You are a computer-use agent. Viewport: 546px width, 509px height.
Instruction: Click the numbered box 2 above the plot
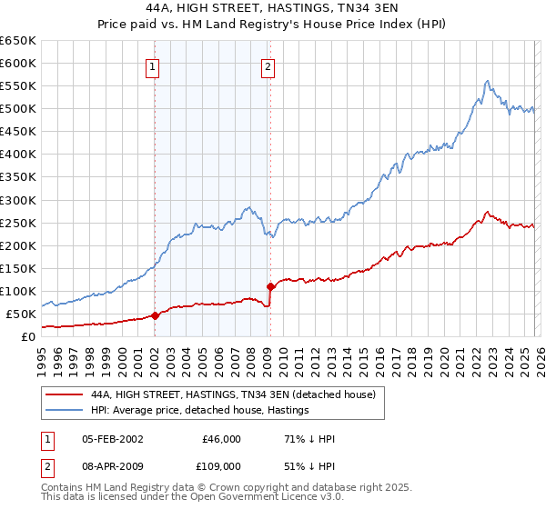point(268,65)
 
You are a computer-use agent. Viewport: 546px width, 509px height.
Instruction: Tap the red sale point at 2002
point(155,315)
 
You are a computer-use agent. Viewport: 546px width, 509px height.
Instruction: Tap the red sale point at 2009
point(270,286)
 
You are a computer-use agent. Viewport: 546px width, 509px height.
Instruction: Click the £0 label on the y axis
point(27,336)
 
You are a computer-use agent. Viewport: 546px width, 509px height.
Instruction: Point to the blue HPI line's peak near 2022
point(487,81)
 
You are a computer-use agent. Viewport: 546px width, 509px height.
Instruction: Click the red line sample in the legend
point(64,394)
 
